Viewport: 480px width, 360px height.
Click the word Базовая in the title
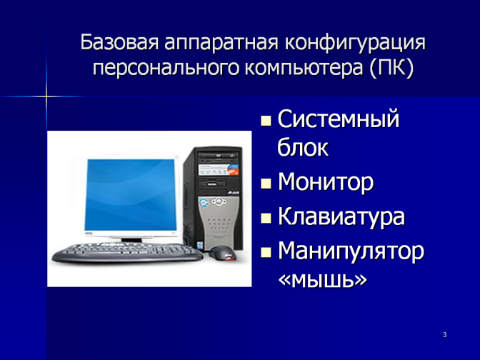[x=119, y=42]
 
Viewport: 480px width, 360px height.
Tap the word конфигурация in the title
[x=355, y=44]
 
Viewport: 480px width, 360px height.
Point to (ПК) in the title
[x=391, y=68]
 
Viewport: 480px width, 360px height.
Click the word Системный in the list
[x=339, y=119]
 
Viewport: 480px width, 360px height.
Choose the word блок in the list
[x=302, y=148]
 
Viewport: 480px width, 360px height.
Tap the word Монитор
[x=326, y=182]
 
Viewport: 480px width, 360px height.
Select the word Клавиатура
[x=341, y=216]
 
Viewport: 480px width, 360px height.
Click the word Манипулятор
[x=351, y=251]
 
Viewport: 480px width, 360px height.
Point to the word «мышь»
[x=323, y=279]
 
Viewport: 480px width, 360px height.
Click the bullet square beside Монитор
[x=266, y=184]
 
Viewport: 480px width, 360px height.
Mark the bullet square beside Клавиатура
[x=266, y=218]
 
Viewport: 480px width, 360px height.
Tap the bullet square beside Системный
[x=266, y=121]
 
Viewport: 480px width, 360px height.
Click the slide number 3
[x=445, y=334]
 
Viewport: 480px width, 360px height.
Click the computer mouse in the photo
[x=223, y=253]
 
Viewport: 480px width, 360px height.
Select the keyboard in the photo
[x=127, y=252]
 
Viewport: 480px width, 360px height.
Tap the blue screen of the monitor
[x=131, y=195]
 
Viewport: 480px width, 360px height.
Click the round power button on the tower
[x=219, y=201]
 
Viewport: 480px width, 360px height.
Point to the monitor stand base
[x=131, y=240]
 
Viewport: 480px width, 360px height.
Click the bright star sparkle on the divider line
[x=46, y=96]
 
